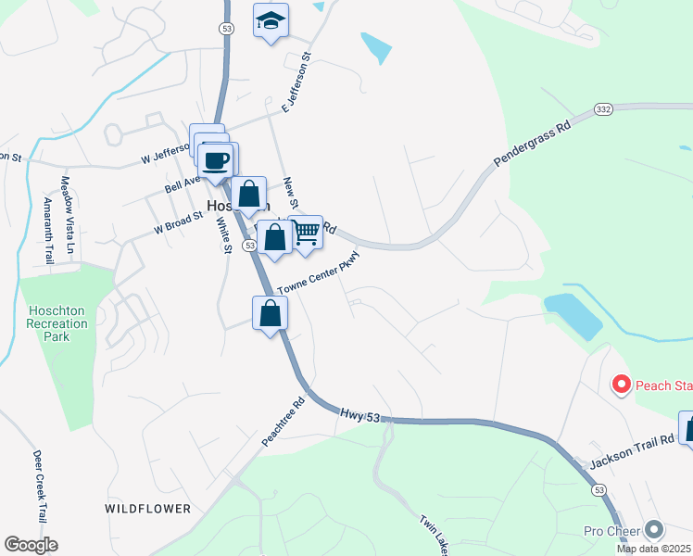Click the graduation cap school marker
[271, 20]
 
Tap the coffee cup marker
[216, 161]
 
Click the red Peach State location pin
[621, 384]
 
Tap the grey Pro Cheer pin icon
[655, 530]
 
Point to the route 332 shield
[603, 109]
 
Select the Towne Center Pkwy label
[318, 276]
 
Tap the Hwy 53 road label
[360, 418]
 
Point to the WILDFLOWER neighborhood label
[147, 509]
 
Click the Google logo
[31, 545]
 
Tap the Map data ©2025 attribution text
[654, 549]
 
